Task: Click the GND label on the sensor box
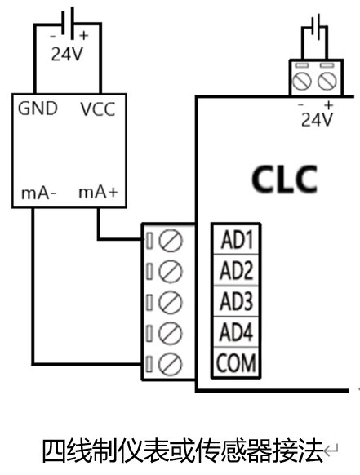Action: tap(38, 109)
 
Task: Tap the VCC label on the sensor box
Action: tap(98, 109)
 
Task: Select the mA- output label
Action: tap(39, 193)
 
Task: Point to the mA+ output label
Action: tap(98, 192)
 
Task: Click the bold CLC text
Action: tap(285, 180)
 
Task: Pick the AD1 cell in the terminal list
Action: tap(236, 239)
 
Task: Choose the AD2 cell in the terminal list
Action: tap(236, 270)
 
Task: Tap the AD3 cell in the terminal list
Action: tap(236, 301)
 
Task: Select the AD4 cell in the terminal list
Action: tap(236, 331)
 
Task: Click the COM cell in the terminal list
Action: tap(236, 362)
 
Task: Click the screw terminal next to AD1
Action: tap(171, 241)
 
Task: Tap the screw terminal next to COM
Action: tap(171, 364)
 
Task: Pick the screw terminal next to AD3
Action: tap(171, 302)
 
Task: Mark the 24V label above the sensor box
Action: tap(67, 55)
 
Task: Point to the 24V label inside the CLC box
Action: tap(317, 120)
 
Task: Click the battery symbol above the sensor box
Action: tap(68, 24)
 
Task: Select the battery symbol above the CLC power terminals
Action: tap(316, 27)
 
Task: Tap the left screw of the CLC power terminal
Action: tap(302, 81)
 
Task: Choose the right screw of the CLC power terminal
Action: tap(327, 81)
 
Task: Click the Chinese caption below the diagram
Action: tap(183, 451)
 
